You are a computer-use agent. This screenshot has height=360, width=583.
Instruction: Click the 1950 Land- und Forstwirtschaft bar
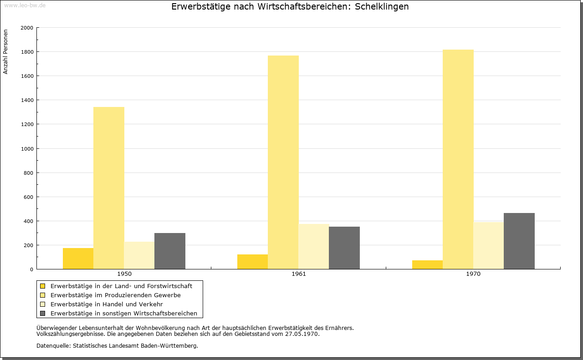coord(78,259)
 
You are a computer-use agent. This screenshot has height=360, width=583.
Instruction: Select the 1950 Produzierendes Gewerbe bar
coord(109,188)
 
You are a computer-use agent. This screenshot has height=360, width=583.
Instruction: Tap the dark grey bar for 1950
coord(170,251)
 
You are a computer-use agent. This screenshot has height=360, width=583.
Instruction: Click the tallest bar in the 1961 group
coord(283,162)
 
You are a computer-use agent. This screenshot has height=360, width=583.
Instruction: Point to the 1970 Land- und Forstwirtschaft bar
coord(427,264)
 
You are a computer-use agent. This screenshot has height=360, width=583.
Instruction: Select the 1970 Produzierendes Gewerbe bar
coord(458,159)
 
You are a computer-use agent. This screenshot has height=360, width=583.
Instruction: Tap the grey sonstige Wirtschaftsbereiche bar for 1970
coord(519,241)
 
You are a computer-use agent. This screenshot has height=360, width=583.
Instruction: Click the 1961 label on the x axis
coord(299,274)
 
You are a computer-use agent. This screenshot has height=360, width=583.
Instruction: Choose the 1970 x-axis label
coord(473,274)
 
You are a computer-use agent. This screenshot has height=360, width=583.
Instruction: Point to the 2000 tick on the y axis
coord(27,28)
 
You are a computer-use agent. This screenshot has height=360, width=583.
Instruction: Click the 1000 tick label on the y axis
coord(27,149)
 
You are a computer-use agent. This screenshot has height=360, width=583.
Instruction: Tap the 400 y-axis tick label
coord(28,221)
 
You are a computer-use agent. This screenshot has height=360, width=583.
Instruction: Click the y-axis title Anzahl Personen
coord(6,52)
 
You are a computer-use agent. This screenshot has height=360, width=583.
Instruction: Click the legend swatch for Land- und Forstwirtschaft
coord(43,286)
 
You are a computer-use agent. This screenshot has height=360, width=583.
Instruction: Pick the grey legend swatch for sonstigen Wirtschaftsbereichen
coord(43,314)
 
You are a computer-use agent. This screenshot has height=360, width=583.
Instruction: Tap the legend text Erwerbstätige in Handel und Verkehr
coord(107,304)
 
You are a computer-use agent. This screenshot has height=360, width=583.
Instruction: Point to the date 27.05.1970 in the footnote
coord(302,334)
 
